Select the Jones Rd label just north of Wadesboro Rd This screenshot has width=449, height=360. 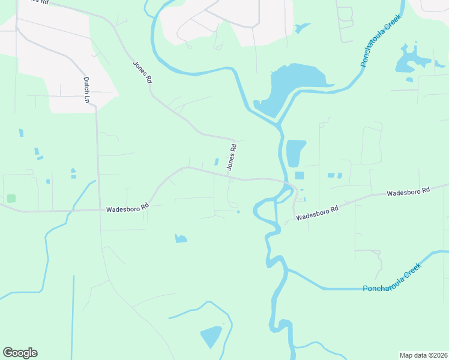click(231, 156)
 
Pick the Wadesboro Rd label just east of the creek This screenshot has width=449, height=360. click(318, 212)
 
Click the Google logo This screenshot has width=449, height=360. click(20, 353)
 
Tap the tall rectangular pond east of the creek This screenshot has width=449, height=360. click(295, 153)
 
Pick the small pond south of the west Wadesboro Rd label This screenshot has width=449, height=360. click(181, 239)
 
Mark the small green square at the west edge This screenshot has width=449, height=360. click(11, 198)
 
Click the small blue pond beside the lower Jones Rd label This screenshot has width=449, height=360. click(217, 162)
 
